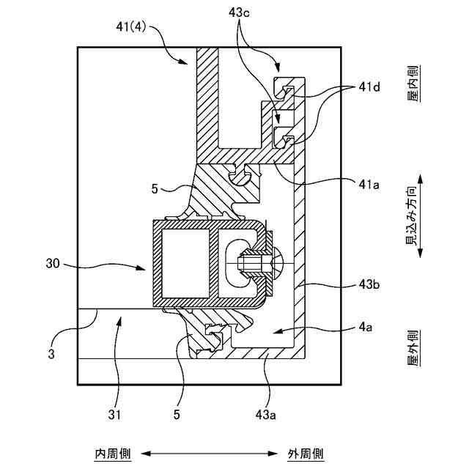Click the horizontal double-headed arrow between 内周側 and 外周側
209,454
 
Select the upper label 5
155,189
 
